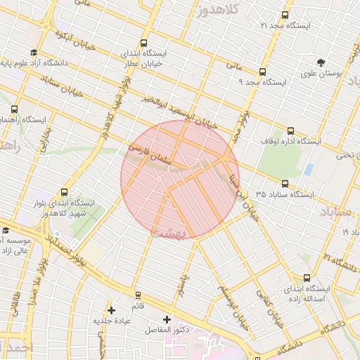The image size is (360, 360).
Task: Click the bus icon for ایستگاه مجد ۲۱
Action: pyautogui.click(x=284, y=14)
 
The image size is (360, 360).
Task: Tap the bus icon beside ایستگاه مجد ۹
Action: pyautogui.click(x=262, y=72)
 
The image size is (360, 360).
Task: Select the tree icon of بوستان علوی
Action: pyautogui.click(x=321, y=62)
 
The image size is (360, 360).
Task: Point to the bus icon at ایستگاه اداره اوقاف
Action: pyautogui.click(x=291, y=131)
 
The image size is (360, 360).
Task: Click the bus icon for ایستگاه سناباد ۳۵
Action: pyautogui.click(x=284, y=184)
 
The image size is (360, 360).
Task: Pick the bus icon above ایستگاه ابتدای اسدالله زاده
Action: pyautogui.click(x=306, y=278)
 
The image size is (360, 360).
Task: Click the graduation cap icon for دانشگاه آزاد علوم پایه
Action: pyautogui.click(x=34, y=53)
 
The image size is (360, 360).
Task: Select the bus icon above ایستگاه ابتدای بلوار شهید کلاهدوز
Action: pyautogui.click(x=65, y=192)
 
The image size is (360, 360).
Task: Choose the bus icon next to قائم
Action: pyautogui.click(x=137, y=295)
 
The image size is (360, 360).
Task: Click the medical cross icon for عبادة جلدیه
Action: pyautogui.click(x=111, y=310)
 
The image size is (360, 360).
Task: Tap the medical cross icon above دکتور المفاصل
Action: pyautogui.click(x=167, y=319)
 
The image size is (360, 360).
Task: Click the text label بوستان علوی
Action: pyautogui.click(x=321, y=73)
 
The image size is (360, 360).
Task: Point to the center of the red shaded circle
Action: pyautogui.click(x=180, y=179)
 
